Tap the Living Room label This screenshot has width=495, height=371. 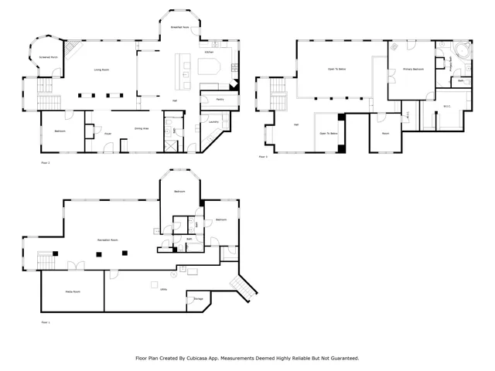(101, 70)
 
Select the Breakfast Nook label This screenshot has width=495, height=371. (182, 27)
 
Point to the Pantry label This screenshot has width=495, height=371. (220, 100)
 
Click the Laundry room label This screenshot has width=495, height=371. (213, 121)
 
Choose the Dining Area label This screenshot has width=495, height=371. (142, 128)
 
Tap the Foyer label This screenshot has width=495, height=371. (108, 134)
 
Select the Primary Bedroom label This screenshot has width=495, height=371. (413, 70)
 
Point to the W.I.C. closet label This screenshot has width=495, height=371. (447, 106)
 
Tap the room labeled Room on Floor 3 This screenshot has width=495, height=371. (385, 133)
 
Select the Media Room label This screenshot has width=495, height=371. (72, 291)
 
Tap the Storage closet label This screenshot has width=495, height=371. (198, 298)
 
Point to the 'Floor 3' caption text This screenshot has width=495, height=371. (263, 157)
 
